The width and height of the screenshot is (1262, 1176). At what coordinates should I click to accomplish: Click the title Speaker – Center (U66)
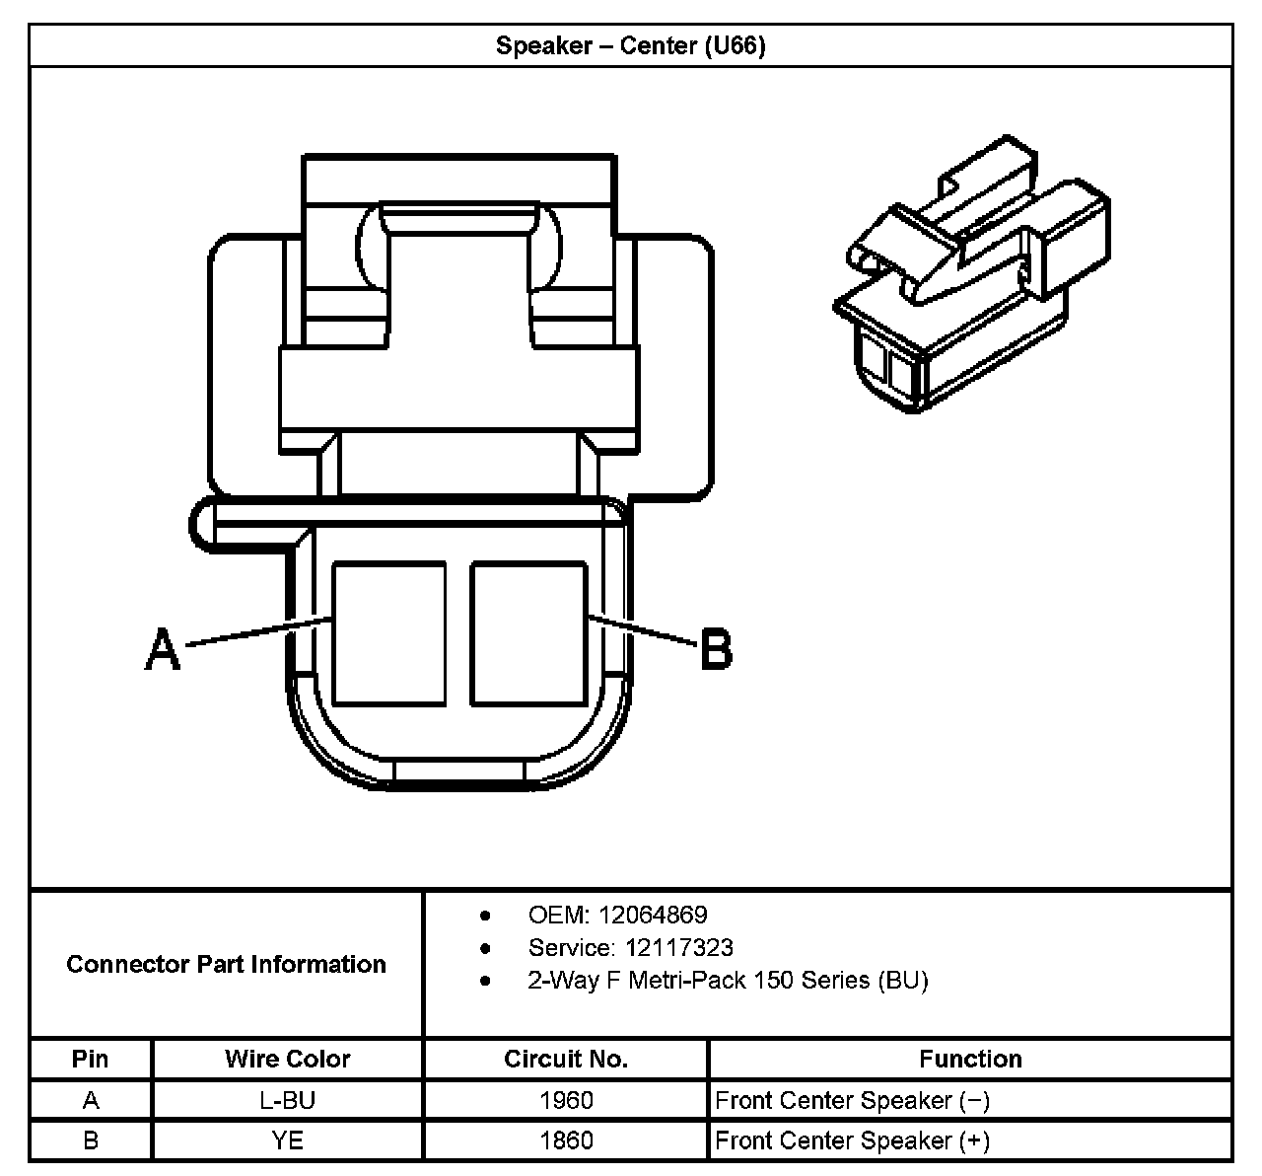tap(630, 46)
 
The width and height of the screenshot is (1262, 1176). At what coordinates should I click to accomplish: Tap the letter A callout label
tap(163, 649)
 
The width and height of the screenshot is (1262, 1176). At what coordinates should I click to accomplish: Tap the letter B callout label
tap(716, 650)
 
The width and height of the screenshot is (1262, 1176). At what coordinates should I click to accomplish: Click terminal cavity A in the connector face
tap(389, 632)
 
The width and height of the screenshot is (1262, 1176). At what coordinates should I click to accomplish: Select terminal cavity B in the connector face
tap(528, 632)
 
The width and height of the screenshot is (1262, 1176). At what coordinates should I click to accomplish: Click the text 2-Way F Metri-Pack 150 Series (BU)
tap(728, 981)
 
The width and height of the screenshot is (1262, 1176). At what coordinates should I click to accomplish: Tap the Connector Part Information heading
tap(226, 964)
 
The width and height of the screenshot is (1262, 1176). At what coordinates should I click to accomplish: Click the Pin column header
tap(91, 1059)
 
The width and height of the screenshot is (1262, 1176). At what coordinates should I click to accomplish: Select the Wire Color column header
tap(287, 1059)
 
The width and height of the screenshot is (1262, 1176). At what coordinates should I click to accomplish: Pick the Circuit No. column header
tap(566, 1059)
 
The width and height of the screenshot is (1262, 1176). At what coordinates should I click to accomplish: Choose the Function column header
tap(970, 1059)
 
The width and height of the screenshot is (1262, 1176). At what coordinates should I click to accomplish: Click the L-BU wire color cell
tap(287, 1100)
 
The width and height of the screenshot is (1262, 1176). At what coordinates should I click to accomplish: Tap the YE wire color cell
tap(287, 1140)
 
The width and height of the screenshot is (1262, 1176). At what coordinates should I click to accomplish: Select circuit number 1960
tap(566, 1100)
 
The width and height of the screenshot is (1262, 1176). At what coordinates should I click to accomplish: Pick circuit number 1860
tap(566, 1140)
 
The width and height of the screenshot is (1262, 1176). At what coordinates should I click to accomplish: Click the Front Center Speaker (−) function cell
tap(852, 1100)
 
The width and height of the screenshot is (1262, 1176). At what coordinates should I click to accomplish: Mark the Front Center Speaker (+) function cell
tap(852, 1140)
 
